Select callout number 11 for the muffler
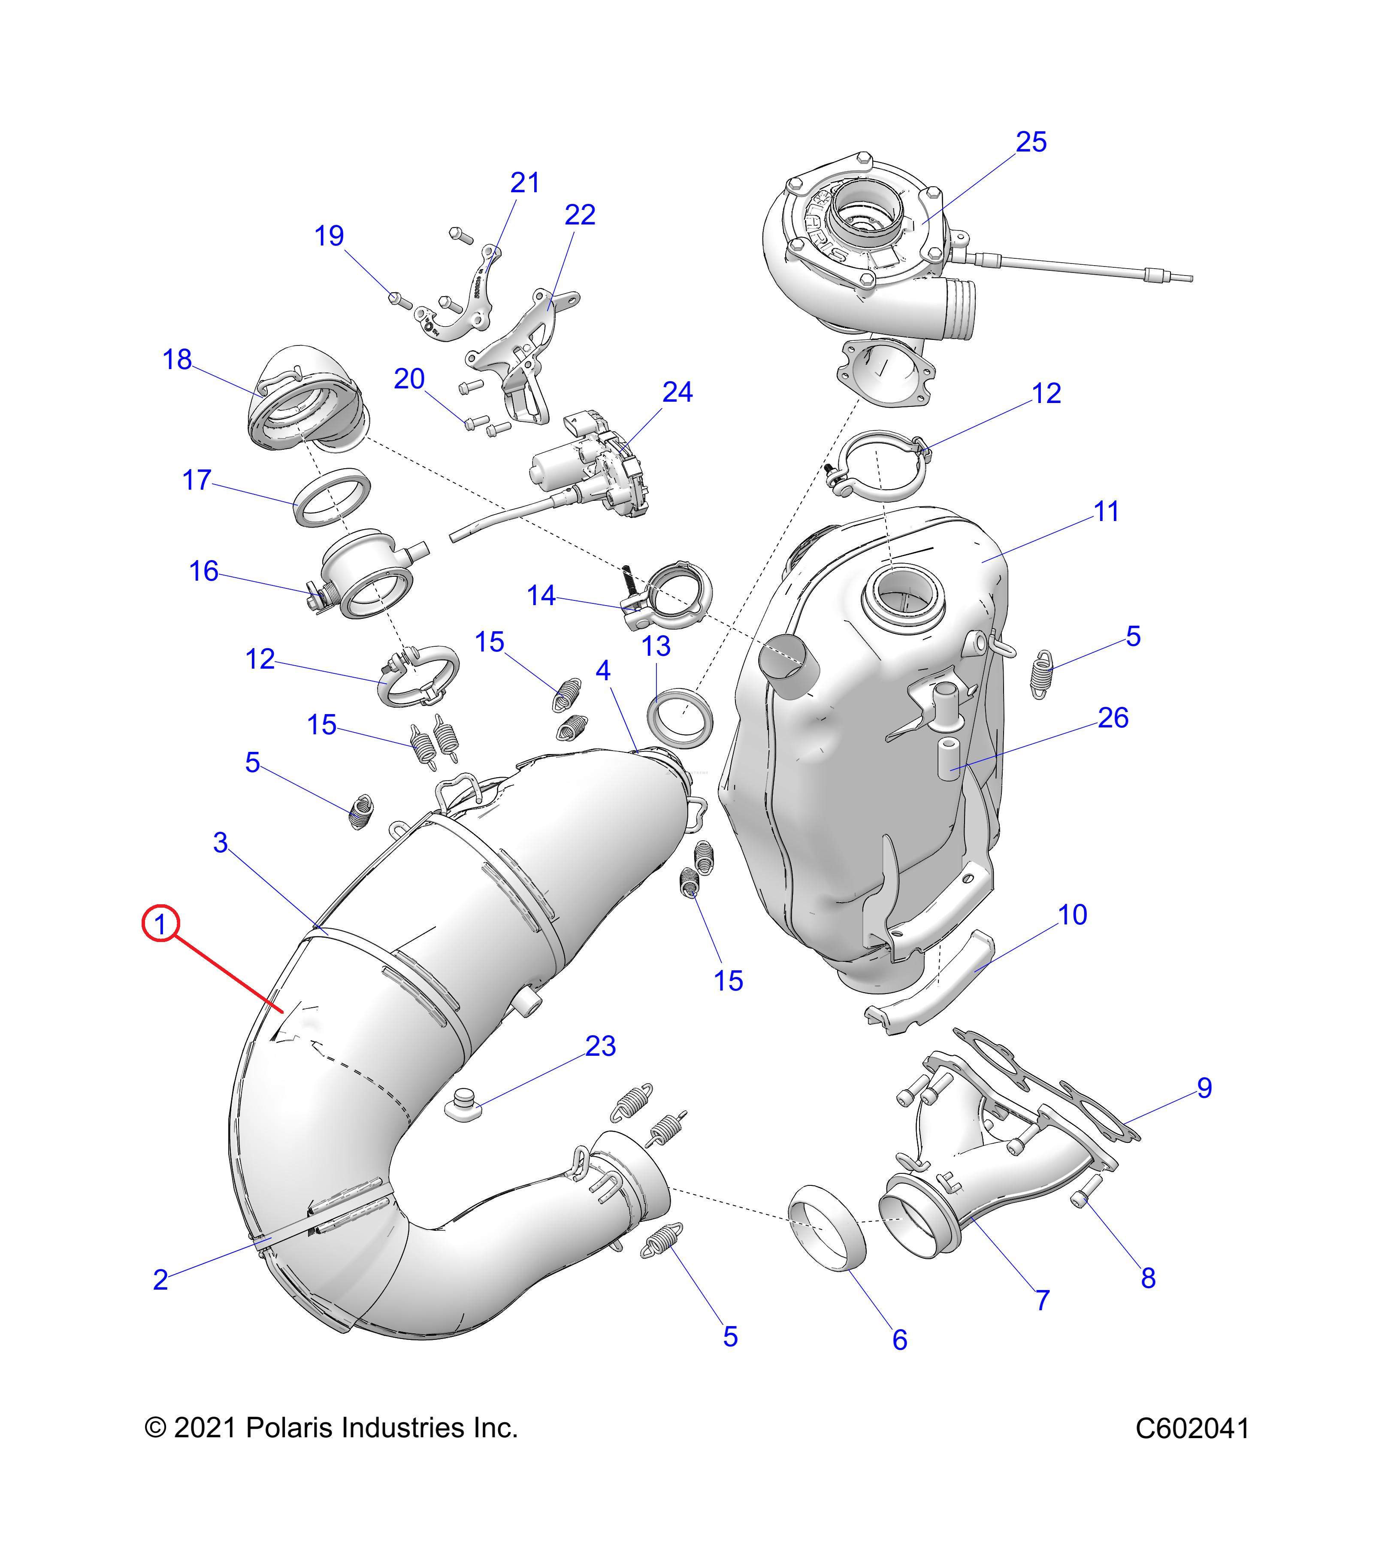tap(1106, 512)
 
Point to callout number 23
tap(601, 1046)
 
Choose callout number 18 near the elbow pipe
tap(177, 360)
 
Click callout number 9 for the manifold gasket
tap(1204, 1088)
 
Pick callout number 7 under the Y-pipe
tap(1043, 1300)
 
